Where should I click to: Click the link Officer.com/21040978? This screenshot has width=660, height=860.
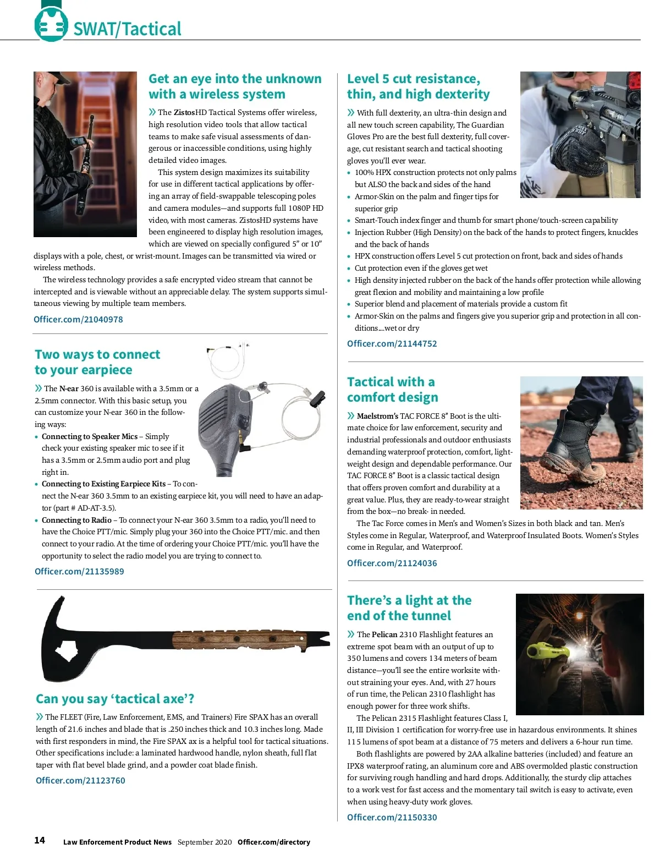78,319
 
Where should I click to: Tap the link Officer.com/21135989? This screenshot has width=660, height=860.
79,571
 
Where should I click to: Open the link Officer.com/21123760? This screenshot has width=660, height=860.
80,780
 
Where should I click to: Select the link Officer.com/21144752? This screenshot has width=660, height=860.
392,343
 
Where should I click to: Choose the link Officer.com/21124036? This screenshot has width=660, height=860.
392,563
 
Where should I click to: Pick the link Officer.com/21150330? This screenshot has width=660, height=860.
392,817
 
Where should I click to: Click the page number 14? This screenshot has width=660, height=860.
40,840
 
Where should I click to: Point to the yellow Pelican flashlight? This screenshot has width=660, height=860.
544,651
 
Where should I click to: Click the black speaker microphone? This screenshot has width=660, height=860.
223,426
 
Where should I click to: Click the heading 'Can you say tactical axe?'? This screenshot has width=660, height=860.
115,699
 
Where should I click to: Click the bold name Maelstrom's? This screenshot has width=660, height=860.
377,416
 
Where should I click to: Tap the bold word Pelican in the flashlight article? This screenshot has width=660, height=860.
384,634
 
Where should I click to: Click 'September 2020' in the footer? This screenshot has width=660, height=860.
205,842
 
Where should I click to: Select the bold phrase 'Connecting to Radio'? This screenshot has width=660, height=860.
76,520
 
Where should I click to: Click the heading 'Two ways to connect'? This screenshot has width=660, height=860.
97,354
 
